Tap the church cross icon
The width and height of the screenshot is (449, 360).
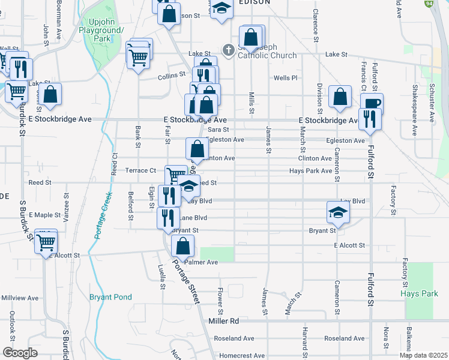229,50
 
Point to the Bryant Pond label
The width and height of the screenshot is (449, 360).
110,297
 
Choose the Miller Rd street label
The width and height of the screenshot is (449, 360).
225,322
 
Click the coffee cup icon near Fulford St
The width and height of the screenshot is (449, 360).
372,102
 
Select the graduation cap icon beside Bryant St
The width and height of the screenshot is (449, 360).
338,212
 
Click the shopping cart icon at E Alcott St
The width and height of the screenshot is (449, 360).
46,242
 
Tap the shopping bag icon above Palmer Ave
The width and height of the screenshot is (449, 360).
182,246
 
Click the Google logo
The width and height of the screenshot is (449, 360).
20,353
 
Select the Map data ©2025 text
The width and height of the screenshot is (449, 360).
423,355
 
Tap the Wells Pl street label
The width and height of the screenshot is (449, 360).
285,78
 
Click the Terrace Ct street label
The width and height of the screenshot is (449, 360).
140,170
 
